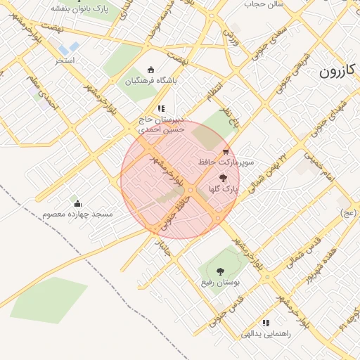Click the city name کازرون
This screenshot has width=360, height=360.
pos(339,72)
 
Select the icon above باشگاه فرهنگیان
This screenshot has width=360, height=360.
pos(150,69)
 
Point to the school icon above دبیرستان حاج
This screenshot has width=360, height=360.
pos(161,108)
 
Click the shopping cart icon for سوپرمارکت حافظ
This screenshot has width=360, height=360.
pos(225,150)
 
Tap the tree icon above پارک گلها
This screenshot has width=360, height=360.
pos(224,179)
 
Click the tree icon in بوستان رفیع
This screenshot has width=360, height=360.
pos(221,271)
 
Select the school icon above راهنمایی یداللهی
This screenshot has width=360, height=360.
pos(266,323)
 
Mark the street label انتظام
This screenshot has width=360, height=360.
pos(212,89)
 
